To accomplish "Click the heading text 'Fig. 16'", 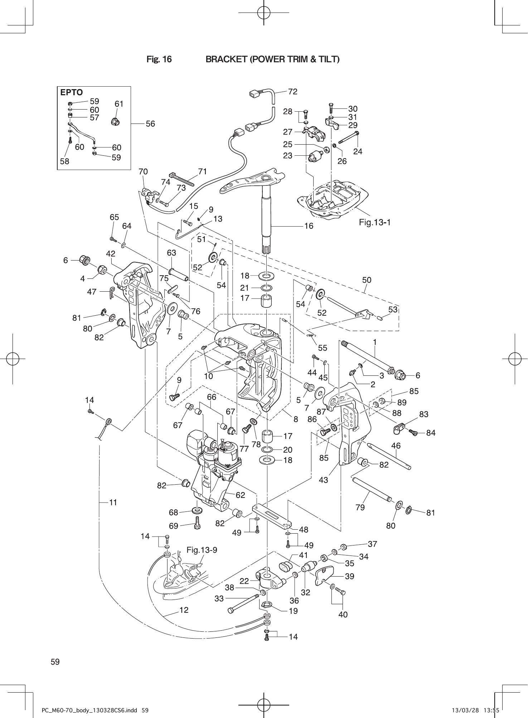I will pyautogui.click(x=159, y=59).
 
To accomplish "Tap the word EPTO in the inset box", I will pyautogui.click(x=71, y=92).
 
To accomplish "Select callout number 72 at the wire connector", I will pyautogui.click(x=292, y=92).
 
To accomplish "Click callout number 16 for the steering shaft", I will pyautogui.click(x=308, y=226).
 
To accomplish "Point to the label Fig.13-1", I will pyautogui.click(x=374, y=222).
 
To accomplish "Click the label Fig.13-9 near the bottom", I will pyautogui.click(x=202, y=550).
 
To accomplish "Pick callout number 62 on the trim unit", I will pyautogui.click(x=240, y=495).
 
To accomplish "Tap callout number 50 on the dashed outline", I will pyautogui.click(x=367, y=280).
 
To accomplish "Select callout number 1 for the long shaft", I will pyautogui.click(x=374, y=342).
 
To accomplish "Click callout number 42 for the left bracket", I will pyautogui.click(x=111, y=254).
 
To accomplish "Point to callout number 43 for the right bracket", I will pyautogui.click(x=323, y=480).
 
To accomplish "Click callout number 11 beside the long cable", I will pyautogui.click(x=113, y=503).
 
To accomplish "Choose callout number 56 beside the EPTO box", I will pyautogui.click(x=150, y=123).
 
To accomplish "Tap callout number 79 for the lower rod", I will pyautogui.click(x=360, y=507).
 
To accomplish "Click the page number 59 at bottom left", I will pyautogui.click(x=55, y=662).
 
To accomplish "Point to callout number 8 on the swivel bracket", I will pyautogui.click(x=296, y=418).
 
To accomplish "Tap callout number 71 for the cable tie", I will pyautogui.click(x=203, y=171).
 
